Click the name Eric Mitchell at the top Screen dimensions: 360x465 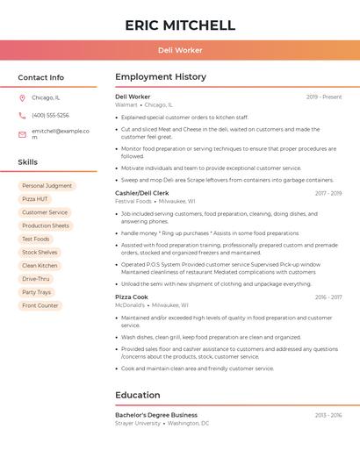pos(180,25)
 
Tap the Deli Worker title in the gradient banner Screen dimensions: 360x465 pos(180,51)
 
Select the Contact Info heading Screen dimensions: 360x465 pos(40,77)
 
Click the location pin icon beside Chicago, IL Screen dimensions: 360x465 pos(22,98)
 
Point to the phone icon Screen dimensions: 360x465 pos(22,115)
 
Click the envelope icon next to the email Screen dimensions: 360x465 pos(22,133)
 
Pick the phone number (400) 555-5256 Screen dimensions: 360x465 pos(50,115)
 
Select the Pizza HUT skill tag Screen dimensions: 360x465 pos(35,199)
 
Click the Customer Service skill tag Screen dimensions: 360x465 pos(45,212)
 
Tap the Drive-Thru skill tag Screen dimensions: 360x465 pos(36,279)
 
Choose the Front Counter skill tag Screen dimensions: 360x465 pos(40,305)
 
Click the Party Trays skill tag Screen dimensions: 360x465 pos(37,292)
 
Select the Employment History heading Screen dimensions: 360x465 pos(161,77)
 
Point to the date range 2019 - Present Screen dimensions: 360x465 pos(324,97)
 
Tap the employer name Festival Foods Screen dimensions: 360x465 pos(133,201)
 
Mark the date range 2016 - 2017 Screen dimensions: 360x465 pos(328,297)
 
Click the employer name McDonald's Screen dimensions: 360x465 pos(130,305)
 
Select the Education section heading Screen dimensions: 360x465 pos(138,395)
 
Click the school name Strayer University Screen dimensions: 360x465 pos(138,423)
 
